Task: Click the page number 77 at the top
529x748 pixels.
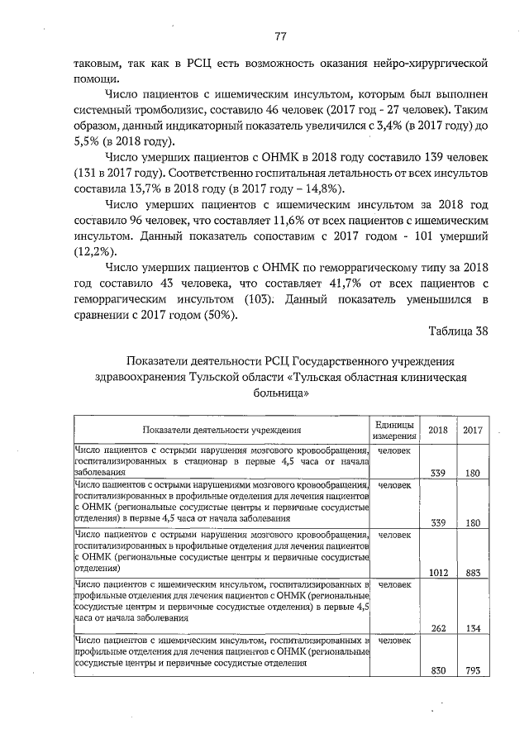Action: pyautogui.click(x=280, y=36)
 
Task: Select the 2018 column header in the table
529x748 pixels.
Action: pyautogui.click(x=438, y=430)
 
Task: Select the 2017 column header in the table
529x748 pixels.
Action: pyautogui.click(x=473, y=430)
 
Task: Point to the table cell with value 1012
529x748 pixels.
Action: pyautogui.click(x=438, y=572)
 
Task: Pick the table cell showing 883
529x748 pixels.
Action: pyautogui.click(x=473, y=572)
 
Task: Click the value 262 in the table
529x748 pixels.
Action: pyautogui.click(x=439, y=627)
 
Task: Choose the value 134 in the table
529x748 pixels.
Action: pyautogui.click(x=473, y=627)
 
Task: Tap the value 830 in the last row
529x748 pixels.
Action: pyautogui.click(x=439, y=670)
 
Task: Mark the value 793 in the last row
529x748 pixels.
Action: pyautogui.click(x=473, y=670)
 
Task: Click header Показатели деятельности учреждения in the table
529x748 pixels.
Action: pyautogui.click(x=221, y=430)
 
